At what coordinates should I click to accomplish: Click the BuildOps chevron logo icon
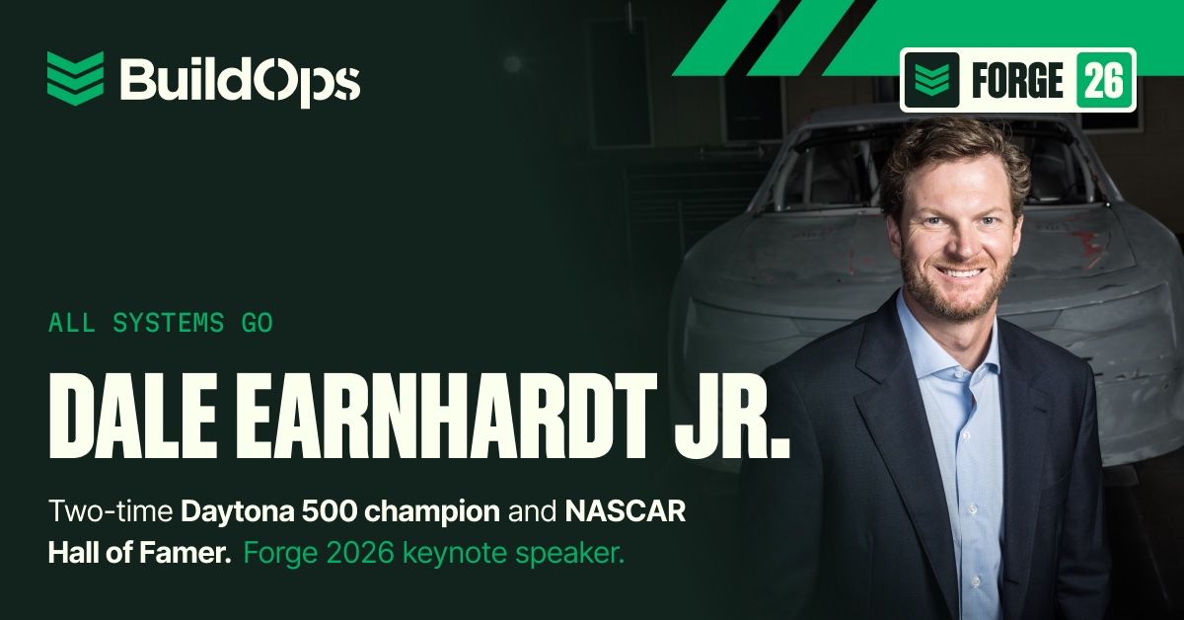point(75,78)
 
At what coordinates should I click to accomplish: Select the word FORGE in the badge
point(1017,80)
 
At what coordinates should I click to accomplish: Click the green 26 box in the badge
point(1104,80)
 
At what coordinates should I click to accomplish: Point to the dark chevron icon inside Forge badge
point(931,80)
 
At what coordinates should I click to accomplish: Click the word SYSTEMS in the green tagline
point(169,323)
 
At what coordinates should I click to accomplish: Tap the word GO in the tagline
point(258,323)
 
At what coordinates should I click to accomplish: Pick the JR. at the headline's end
point(732,416)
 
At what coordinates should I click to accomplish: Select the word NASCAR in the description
point(626,511)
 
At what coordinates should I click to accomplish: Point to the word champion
point(432,512)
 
